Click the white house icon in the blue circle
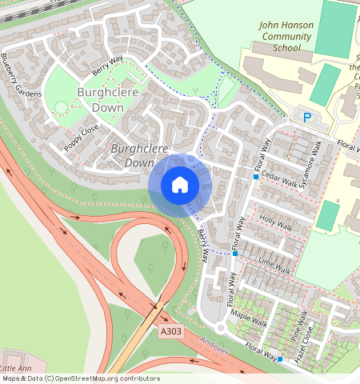click(180, 185)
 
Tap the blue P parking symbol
click(307, 118)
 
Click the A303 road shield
click(170, 330)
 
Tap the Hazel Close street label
click(304, 350)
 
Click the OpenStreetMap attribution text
click(80, 378)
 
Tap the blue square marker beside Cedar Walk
click(256, 176)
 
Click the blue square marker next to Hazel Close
click(280, 359)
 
